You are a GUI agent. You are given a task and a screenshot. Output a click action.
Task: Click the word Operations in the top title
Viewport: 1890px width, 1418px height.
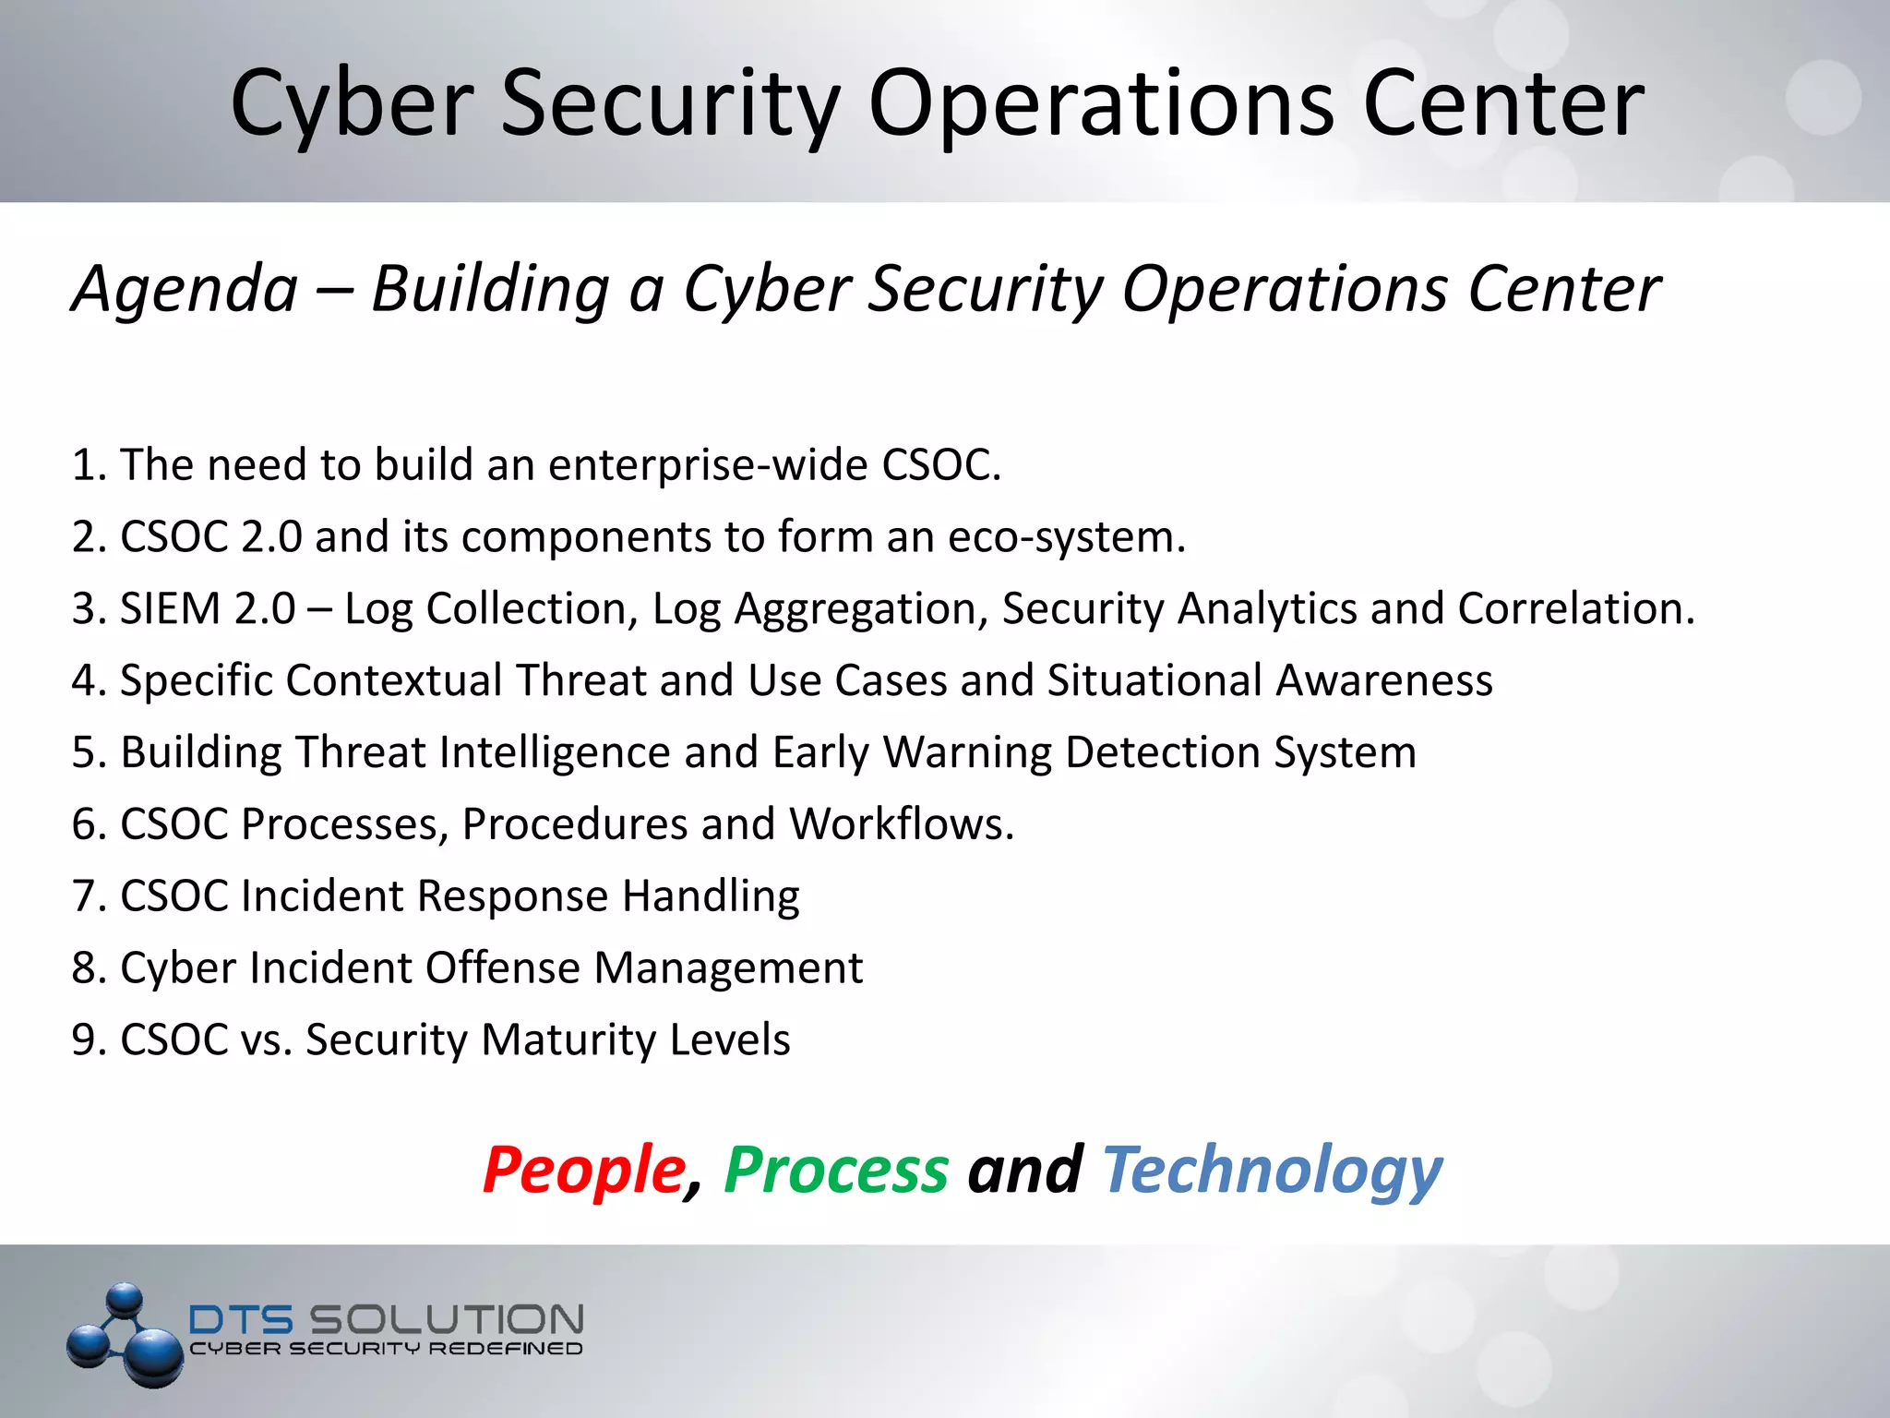tap(1100, 104)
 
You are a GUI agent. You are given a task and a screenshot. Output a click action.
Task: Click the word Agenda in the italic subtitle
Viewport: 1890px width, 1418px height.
tap(185, 289)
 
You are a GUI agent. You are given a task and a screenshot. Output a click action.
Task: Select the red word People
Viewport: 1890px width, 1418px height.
tap(583, 1170)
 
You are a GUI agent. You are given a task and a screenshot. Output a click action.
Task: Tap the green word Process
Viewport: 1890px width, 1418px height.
tap(836, 1170)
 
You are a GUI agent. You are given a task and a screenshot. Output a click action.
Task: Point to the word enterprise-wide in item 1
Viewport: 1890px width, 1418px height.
tap(708, 464)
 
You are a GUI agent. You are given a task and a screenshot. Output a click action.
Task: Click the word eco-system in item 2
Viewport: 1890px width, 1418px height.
tap(1064, 536)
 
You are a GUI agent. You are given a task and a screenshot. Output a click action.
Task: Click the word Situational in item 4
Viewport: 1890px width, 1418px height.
tap(1154, 680)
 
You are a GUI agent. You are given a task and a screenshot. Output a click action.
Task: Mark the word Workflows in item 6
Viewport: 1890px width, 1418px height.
tap(900, 823)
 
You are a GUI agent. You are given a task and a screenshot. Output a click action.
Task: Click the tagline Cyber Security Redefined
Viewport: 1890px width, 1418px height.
tap(386, 1349)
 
